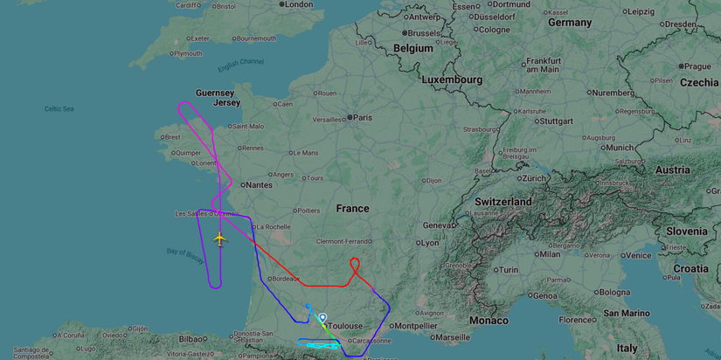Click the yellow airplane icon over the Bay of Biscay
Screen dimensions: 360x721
coord(218,239)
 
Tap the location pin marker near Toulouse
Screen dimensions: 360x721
coord(322,319)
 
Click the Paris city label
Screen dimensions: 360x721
coord(362,117)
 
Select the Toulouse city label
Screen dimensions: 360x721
coord(345,326)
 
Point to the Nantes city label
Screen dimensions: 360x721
coord(259,184)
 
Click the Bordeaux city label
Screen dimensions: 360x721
coord(286,278)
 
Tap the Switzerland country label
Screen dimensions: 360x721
coord(503,201)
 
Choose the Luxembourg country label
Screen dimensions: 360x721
coord(452,80)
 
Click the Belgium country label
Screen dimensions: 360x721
coord(413,48)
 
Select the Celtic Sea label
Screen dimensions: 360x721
coord(59,108)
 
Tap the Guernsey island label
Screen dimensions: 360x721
coord(215,93)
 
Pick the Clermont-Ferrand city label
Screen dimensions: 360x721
coord(344,241)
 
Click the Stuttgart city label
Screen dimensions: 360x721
coord(556,121)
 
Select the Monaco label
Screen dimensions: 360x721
coord(489,321)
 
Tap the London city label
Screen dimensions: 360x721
coord(298,4)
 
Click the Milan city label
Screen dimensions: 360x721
coord(550,254)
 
